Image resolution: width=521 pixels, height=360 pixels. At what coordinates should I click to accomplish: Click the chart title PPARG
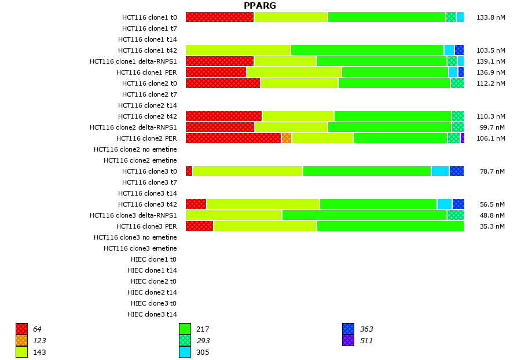[x=260, y=6]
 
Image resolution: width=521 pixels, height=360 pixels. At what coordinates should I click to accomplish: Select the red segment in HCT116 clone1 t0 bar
[x=220, y=17]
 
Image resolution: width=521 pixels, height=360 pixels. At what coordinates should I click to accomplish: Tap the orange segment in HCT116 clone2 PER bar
[x=286, y=138]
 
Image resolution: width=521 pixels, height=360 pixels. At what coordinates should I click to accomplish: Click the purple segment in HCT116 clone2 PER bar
[x=462, y=138]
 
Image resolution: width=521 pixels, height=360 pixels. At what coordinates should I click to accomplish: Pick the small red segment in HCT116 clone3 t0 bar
[x=189, y=171]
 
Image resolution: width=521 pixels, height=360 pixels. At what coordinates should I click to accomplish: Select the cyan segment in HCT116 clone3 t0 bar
[x=440, y=171]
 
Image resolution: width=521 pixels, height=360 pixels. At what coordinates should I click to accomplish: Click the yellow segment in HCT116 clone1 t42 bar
[x=238, y=50]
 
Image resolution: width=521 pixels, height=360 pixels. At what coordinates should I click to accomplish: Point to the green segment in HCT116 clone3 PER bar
[x=390, y=226]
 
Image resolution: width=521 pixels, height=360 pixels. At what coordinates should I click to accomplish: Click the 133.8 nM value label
[x=490, y=17]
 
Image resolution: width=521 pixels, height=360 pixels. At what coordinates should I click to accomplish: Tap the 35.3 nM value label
[x=492, y=226]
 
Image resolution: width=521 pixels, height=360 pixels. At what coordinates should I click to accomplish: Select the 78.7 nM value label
[x=492, y=171]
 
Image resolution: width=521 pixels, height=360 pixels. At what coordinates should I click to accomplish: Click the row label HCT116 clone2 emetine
[x=140, y=160]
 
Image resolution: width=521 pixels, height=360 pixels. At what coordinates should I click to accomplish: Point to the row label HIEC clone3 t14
[x=152, y=314]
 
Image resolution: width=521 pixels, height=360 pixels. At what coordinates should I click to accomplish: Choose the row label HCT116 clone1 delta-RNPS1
[x=133, y=61]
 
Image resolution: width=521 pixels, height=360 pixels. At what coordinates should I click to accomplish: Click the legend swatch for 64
[x=21, y=329]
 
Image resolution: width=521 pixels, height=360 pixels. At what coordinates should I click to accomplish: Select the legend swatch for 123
[x=21, y=341]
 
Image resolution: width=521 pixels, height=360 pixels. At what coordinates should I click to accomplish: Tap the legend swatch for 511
[x=348, y=341]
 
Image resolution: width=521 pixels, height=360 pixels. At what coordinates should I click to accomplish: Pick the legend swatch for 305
[x=185, y=352]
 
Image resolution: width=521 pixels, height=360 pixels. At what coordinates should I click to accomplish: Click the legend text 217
[x=203, y=329]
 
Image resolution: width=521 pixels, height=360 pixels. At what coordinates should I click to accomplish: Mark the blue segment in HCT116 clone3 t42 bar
[x=458, y=204]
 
